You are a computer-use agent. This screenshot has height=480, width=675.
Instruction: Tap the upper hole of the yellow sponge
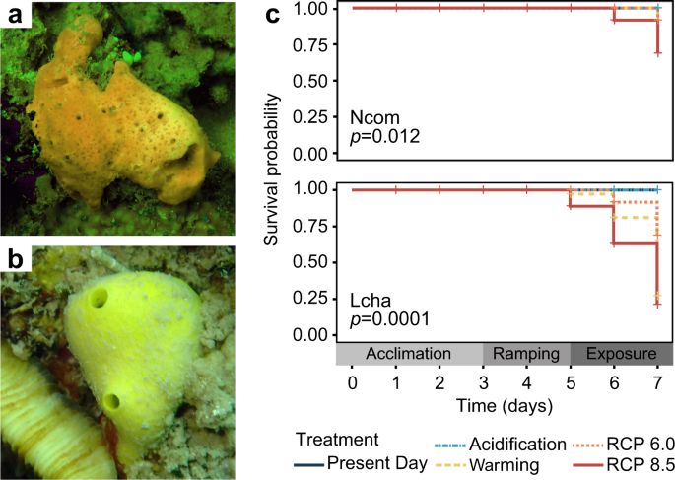98,297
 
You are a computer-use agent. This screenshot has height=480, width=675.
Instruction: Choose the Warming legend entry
488,464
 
